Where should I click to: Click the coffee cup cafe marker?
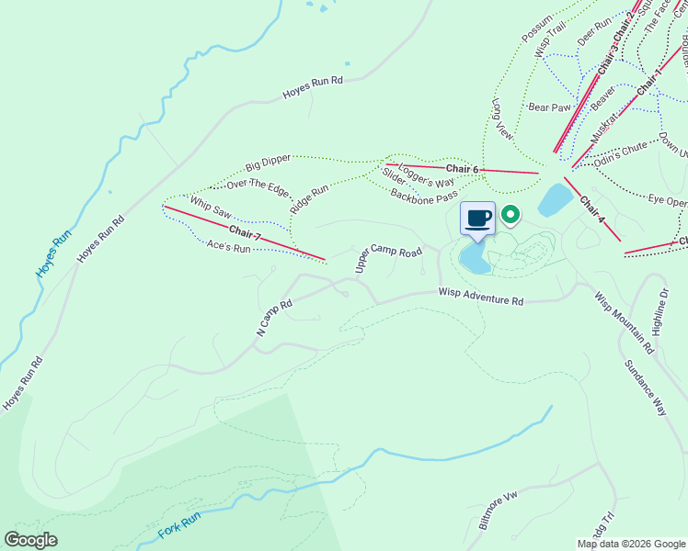click(477, 219)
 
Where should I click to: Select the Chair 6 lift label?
click(463, 170)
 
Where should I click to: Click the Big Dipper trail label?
click(268, 163)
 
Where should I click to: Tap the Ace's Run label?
click(228, 247)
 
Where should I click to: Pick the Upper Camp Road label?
click(388, 258)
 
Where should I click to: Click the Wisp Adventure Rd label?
click(480, 298)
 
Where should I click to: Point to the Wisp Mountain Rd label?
click(623, 323)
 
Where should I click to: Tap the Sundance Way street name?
click(645, 389)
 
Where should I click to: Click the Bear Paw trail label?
click(550, 107)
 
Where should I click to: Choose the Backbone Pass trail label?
click(423, 196)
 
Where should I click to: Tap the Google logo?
click(30, 540)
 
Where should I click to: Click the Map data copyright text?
click(632, 544)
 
